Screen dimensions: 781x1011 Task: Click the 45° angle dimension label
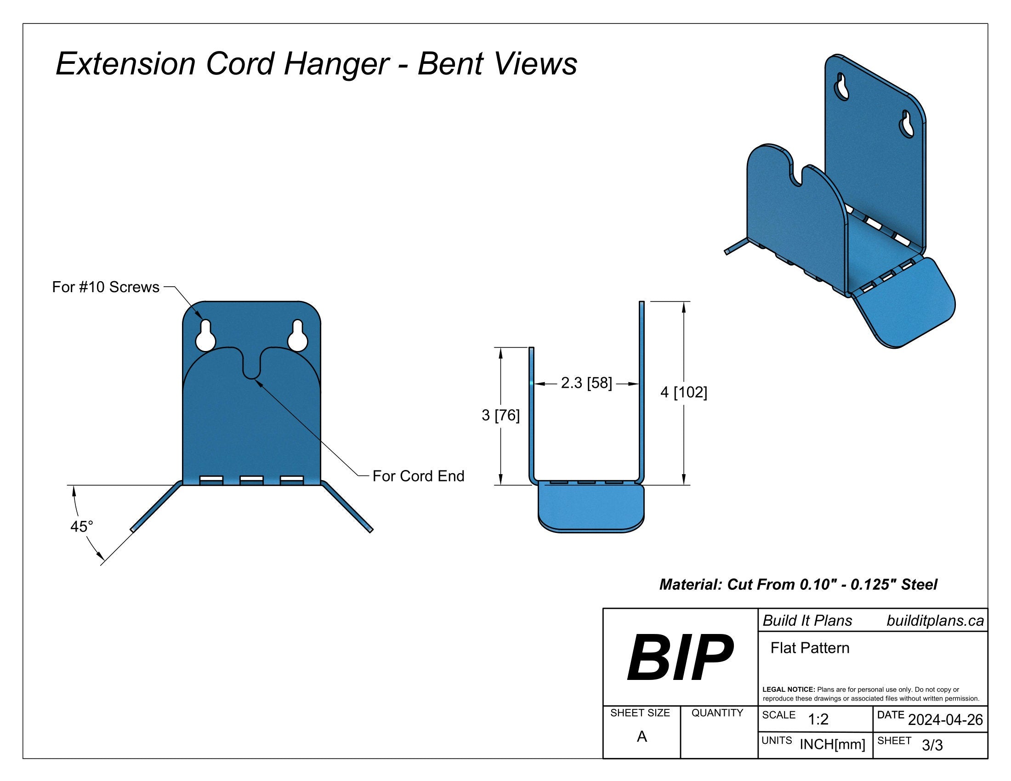click(81, 526)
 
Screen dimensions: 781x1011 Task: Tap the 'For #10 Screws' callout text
click(106, 287)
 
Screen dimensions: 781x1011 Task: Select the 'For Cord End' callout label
click(418, 476)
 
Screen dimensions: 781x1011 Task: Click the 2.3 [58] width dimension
click(586, 383)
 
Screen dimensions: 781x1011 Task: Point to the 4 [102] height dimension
click(683, 392)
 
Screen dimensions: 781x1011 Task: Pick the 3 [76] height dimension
click(500, 415)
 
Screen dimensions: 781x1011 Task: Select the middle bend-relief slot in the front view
click(251, 480)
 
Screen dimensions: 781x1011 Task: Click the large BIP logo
click(680, 657)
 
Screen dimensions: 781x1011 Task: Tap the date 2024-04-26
click(945, 720)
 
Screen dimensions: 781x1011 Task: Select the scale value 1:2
click(818, 719)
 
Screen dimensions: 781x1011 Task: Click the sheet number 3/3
click(932, 745)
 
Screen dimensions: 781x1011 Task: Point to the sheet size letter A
click(642, 736)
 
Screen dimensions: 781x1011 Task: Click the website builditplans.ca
click(935, 621)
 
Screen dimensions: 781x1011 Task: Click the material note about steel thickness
click(798, 584)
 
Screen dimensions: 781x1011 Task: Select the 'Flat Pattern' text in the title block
click(810, 648)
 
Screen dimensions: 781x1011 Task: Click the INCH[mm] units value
click(832, 744)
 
